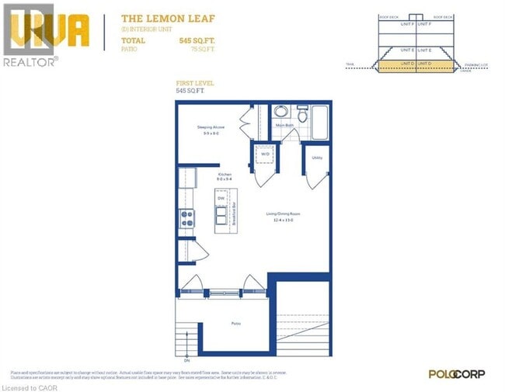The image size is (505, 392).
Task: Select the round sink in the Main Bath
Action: tap(281, 112)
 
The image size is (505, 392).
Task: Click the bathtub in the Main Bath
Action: tap(322, 122)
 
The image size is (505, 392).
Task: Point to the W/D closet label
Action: tap(265, 154)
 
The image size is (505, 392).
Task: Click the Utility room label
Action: tap(317, 158)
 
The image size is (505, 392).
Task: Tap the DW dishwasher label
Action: tap(221, 198)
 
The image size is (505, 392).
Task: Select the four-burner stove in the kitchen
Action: tap(188, 219)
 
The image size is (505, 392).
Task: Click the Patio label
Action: tap(235, 324)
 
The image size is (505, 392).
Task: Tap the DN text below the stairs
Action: tap(186, 360)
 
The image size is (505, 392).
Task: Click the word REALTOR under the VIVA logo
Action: tap(29, 61)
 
